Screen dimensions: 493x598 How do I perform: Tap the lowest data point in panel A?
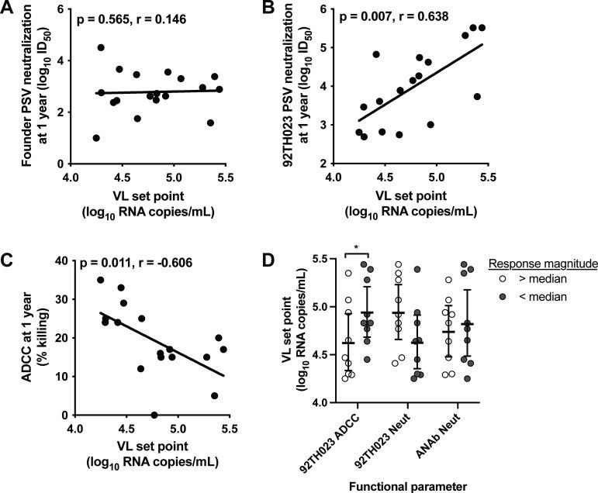pos(96,138)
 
